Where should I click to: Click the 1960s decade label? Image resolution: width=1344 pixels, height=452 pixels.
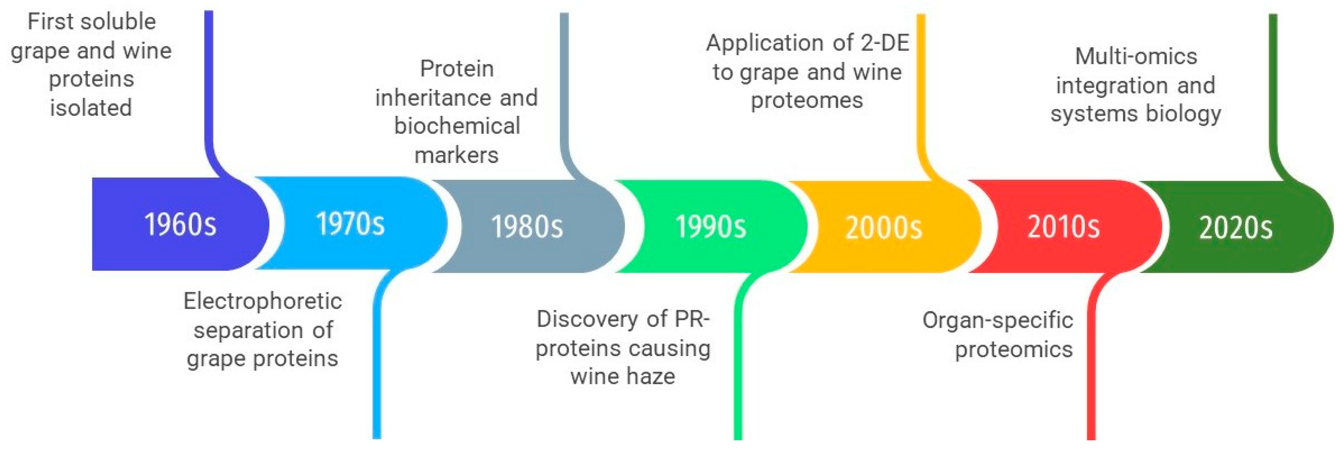[x=180, y=224]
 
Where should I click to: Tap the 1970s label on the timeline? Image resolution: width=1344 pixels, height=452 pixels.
[x=350, y=223]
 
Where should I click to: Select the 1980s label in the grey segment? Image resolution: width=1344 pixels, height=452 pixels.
[x=527, y=226]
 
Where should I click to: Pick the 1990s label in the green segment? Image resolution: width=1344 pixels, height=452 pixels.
[x=711, y=226]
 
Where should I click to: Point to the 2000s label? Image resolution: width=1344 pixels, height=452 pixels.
[x=883, y=227]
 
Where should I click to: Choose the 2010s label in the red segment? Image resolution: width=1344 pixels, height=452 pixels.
[x=1063, y=226]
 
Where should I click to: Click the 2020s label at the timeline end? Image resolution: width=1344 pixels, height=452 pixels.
[x=1235, y=227]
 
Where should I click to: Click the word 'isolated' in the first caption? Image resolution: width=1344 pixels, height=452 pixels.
[x=91, y=108]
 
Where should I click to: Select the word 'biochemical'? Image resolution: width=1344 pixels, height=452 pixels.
[x=457, y=125]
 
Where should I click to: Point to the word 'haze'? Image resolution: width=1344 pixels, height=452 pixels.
[x=651, y=376]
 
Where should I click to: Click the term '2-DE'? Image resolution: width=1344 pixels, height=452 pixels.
[x=885, y=43]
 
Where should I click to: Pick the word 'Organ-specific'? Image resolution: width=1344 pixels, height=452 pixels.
[x=997, y=320]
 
